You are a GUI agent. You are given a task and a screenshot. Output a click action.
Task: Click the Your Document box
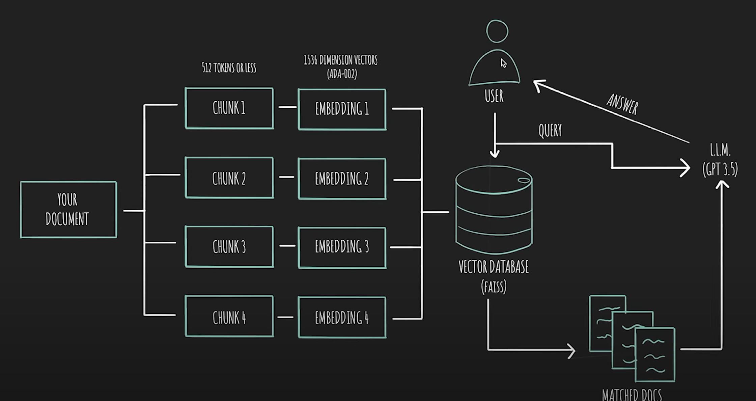click(68, 210)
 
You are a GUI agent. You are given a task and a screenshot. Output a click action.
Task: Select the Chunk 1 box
click(229, 108)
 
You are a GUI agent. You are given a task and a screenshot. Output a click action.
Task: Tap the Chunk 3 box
click(229, 247)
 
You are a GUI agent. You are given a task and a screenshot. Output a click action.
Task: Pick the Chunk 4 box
click(229, 317)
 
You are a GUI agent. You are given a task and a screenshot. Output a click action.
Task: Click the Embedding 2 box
click(342, 179)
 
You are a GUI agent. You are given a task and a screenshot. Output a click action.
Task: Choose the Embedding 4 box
click(342, 317)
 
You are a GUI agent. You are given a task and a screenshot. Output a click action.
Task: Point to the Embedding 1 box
click(342, 109)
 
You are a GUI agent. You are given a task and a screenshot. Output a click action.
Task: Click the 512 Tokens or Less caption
click(229, 68)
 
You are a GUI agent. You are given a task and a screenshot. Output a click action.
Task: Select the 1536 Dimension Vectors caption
click(341, 60)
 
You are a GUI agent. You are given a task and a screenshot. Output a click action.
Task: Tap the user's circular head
click(497, 31)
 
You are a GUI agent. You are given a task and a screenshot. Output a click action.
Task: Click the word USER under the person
click(494, 96)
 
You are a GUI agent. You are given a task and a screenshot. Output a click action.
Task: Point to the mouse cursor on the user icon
click(503, 63)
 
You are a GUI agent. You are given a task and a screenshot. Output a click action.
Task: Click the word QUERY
click(550, 130)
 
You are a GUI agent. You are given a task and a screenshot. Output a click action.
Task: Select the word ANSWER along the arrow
click(622, 104)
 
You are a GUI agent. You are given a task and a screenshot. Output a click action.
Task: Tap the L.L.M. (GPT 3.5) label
click(720, 160)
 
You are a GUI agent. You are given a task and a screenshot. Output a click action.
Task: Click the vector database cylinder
click(494, 209)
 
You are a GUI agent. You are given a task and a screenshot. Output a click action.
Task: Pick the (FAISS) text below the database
click(494, 287)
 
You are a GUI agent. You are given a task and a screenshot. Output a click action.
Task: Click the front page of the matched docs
click(655, 354)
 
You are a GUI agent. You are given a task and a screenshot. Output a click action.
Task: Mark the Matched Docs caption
click(632, 394)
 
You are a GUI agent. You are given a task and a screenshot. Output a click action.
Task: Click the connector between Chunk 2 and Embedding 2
click(286, 177)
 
